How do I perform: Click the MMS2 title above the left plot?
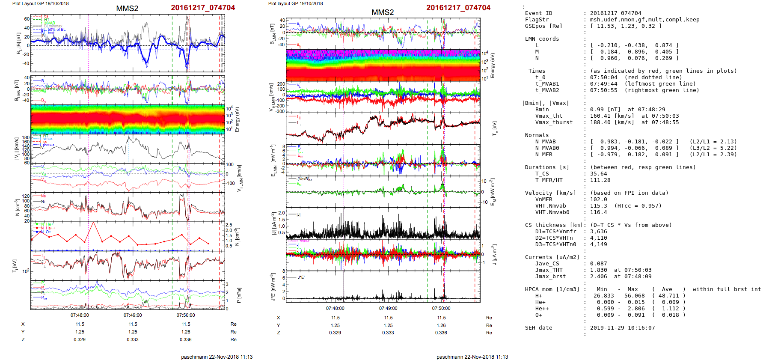(x=127, y=9)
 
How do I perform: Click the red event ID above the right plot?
(x=458, y=8)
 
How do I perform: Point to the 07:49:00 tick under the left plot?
(x=133, y=315)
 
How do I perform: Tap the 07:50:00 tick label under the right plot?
(x=441, y=308)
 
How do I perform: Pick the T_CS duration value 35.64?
(x=598, y=174)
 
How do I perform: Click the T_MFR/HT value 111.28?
(x=600, y=180)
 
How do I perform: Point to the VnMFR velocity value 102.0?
(x=598, y=199)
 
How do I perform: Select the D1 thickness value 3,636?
(x=598, y=232)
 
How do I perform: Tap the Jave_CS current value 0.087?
(x=598, y=264)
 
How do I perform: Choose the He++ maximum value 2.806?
(x=636, y=309)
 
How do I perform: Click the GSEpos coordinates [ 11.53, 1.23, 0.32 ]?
(x=625, y=26)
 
